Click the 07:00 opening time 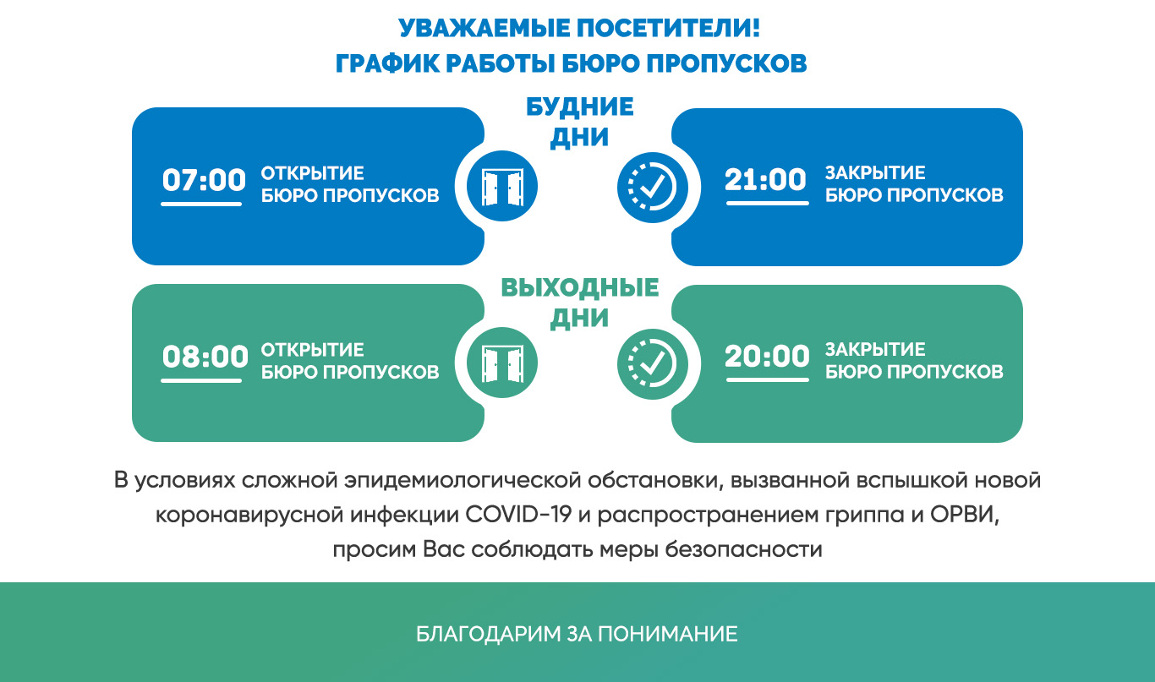click(x=204, y=180)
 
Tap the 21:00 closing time click(x=765, y=179)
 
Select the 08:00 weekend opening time click(x=205, y=356)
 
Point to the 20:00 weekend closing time click(x=767, y=356)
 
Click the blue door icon click(x=502, y=186)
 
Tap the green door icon click(x=502, y=363)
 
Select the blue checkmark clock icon click(x=653, y=187)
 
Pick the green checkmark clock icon click(x=653, y=364)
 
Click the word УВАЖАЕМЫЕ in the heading click(x=484, y=28)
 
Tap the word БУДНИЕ click(x=580, y=106)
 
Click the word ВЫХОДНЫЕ click(x=580, y=287)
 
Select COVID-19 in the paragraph click(x=518, y=515)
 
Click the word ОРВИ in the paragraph click(x=965, y=515)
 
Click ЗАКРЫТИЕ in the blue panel click(x=875, y=172)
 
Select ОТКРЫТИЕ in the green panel click(x=313, y=350)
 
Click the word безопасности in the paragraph click(x=743, y=549)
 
